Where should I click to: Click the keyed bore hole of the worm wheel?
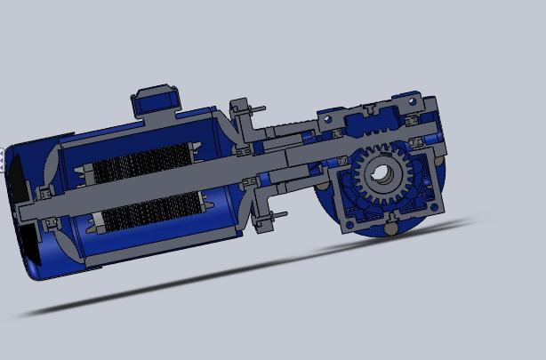pos(381,174)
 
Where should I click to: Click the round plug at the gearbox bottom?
pos(390,228)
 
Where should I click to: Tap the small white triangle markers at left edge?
pos(4,160)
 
